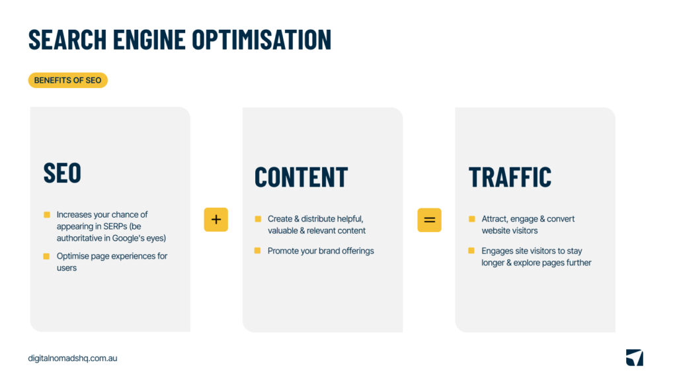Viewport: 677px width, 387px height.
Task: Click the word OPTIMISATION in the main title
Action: (262, 39)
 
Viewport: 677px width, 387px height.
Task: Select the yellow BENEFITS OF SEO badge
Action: (68, 80)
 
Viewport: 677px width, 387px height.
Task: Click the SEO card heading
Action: (62, 173)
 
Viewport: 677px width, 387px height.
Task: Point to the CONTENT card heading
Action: (301, 177)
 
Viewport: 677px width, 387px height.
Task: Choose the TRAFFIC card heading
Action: (510, 177)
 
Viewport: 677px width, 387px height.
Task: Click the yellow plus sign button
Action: (216, 220)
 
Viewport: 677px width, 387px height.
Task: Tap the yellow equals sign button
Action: (429, 220)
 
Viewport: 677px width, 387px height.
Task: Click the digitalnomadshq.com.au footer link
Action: (73, 358)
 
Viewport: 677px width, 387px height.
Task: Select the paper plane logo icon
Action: (634, 358)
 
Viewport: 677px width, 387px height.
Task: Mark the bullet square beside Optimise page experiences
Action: (47, 256)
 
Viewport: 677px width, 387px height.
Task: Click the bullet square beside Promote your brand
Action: (257, 251)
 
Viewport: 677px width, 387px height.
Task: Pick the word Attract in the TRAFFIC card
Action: (495, 219)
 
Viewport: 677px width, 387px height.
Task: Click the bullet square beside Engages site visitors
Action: (471, 251)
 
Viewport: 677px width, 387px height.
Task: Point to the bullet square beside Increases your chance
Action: (47, 214)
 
